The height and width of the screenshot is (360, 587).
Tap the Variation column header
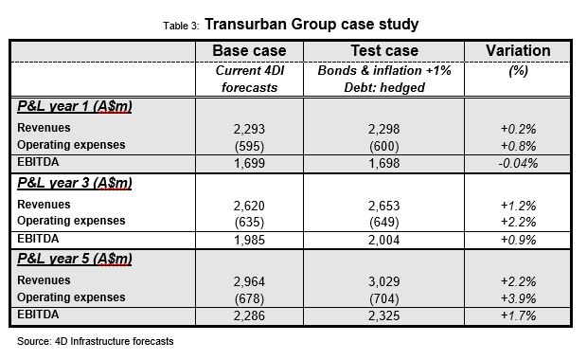click(x=517, y=50)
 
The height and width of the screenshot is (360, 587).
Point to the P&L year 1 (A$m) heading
click(x=73, y=106)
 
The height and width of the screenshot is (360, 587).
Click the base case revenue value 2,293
click(x=249, y=128)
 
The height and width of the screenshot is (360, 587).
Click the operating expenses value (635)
click(x=249, y=223)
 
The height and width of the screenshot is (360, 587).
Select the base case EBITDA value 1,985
click(x=249, y=241)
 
